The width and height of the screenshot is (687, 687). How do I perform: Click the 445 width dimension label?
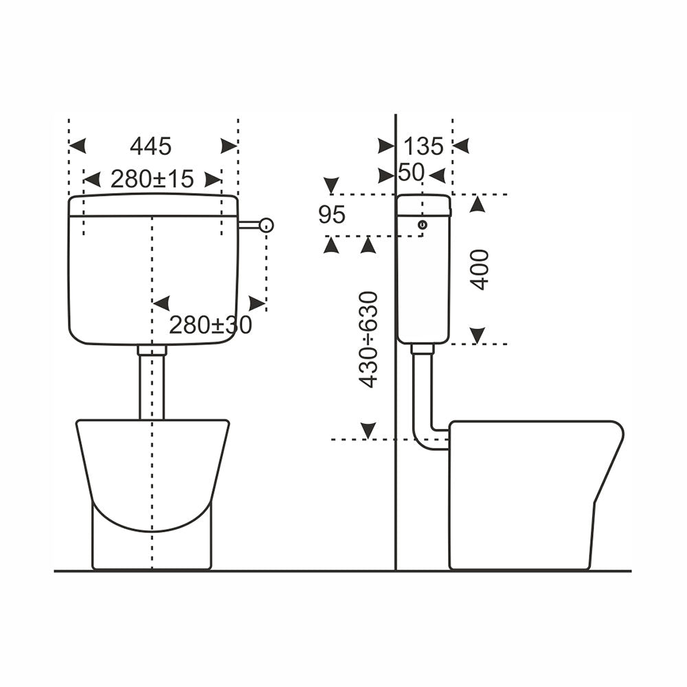click(x=150, y=146)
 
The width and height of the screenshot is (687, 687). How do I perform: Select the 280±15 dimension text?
click(x=152, y=179)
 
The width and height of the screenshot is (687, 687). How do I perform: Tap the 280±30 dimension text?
click(x=210, y=325)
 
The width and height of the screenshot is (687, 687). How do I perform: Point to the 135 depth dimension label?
click(x=423, y=146)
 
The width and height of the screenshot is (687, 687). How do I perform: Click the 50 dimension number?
click(x=411, y=172)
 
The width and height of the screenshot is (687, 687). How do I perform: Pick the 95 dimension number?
click(x=332, y=214)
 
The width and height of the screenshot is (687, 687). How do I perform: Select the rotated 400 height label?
click(x=479, y=269)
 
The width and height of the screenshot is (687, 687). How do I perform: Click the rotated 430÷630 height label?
click(x=368, y=339)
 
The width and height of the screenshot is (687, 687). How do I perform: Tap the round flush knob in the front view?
click(x=267, y=225)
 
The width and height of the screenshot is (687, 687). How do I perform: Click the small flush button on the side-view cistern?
click(x=423, y=225)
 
